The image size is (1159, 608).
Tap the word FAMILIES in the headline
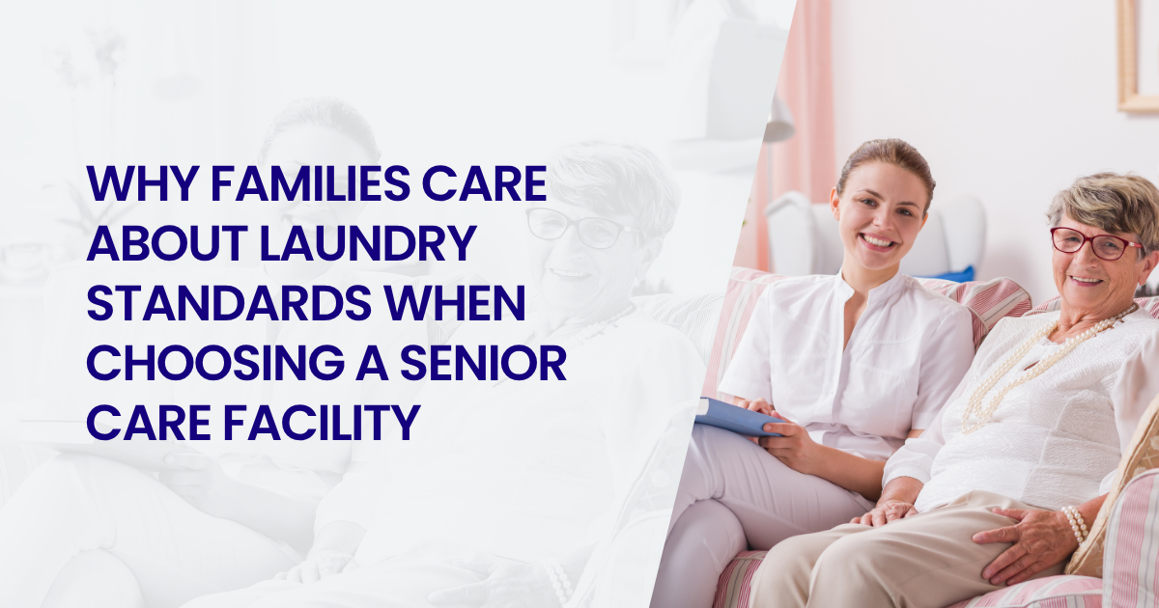coord(310,183)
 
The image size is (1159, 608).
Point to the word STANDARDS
coord(229,302)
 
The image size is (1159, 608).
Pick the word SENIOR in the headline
coord(483,362)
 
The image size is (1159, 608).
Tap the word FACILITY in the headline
coord(322,423)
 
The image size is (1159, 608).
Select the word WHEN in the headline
coord(455,302)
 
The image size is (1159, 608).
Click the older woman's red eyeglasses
coord(1094,243)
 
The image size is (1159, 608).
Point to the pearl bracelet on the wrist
coord(1075,523)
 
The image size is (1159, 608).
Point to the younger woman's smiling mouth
coord(878,241)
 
